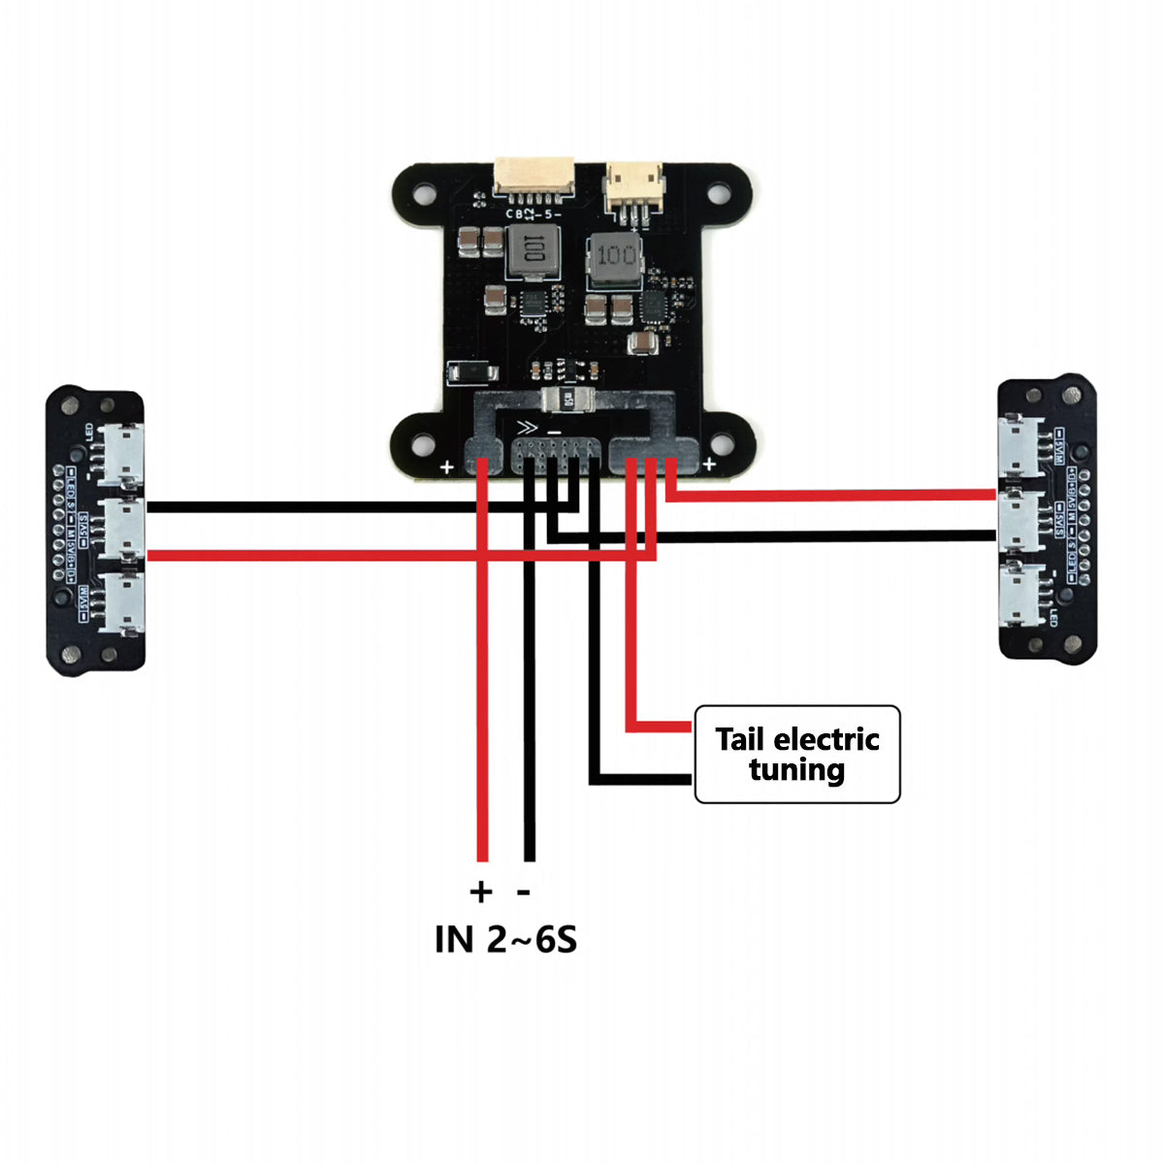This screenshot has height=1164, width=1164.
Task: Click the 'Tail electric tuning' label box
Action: click(797, 755)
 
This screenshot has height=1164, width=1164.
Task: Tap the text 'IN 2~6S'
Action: click(505, 939)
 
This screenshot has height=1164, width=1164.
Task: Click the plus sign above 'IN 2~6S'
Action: click(481, 890)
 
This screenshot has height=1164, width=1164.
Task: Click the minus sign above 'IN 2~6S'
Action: click(525, 890)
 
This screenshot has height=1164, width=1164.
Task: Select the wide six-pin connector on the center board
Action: click(534, 177)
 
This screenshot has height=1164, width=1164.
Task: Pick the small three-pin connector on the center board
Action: click(635, 186)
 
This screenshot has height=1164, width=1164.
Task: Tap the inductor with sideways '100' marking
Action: click(533, 254)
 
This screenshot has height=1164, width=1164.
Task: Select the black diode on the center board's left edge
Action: click(472, 372)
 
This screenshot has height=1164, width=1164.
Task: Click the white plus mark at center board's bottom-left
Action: click(447, 467)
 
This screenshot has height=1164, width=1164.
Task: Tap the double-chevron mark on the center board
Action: click(528, 427)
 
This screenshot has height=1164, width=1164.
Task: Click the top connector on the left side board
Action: click(123, 454)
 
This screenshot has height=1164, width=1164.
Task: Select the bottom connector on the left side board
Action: click(123, 601)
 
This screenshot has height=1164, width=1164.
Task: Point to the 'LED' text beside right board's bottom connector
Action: click(1054, 615)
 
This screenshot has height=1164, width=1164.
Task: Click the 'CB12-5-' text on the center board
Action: click(533, 213)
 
